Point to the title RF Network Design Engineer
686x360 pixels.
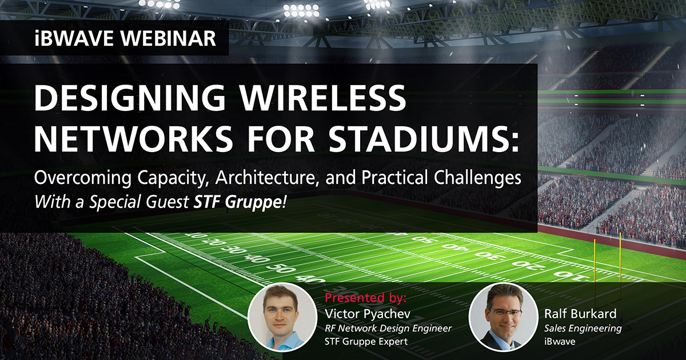pyautogui.click(x=388, y=328)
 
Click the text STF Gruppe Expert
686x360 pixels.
pyautogui.click(x=366, y=342)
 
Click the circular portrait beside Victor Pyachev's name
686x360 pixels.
pyautogui.click(x=284, y=317)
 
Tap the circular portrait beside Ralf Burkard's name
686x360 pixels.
pyautogui.click(x=502, y=317)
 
